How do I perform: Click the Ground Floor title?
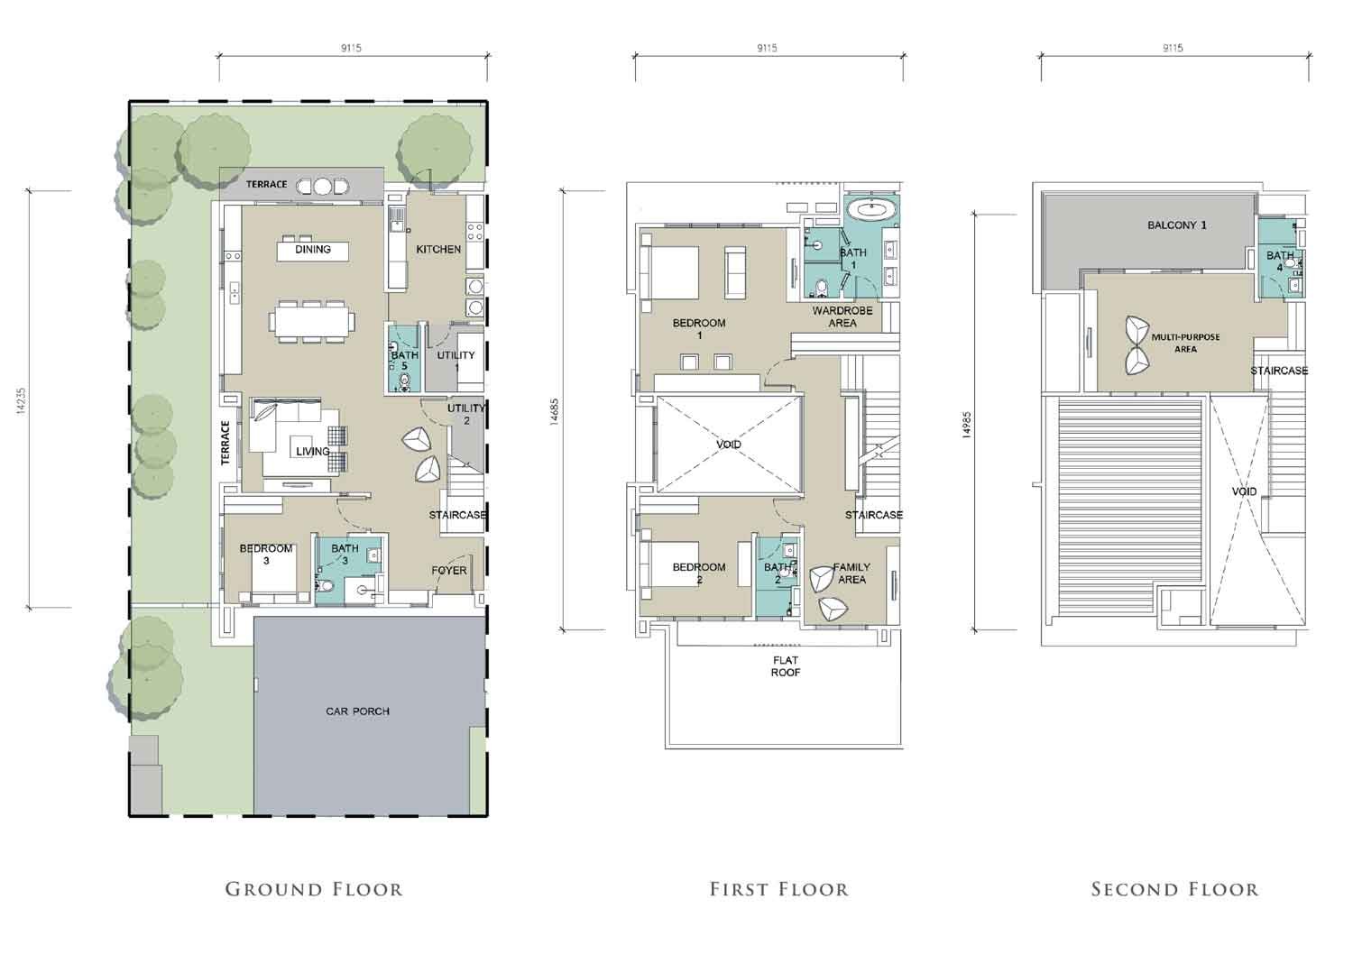tap(314, 889)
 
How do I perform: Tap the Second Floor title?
tap(1174, 889)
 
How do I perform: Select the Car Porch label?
tap(357, 711)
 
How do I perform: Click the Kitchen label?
tap(438, 249)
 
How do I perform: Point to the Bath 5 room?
tap(403, 359)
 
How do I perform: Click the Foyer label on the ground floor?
tap(449, 571)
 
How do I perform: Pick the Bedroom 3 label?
tap(266, 555)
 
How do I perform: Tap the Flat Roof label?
tap(786, 666)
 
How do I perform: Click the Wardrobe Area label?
tap(842, 316)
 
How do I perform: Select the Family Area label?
tap(851, 573)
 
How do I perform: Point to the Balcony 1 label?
tap(1176, 225)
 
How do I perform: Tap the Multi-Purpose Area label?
tap(1185, 343)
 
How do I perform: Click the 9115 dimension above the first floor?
tap(767, 48)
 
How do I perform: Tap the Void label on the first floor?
tap(729, 445)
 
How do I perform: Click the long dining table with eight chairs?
tap(313, 321)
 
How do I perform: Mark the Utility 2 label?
tap(465, 414)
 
